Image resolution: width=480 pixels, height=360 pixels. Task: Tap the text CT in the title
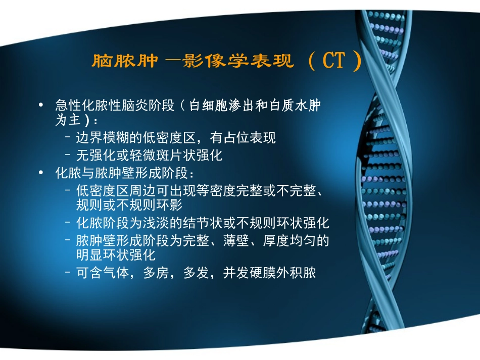(x=334, y=61)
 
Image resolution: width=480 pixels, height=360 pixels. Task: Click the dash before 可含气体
(x=68, y=273)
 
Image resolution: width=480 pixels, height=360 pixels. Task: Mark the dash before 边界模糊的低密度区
(x=68, y=138)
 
